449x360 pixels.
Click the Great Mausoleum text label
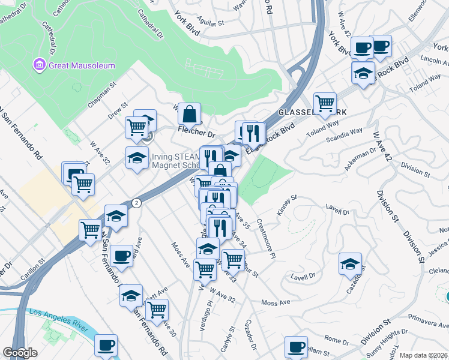point(82,65)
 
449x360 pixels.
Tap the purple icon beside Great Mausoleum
point(40,65)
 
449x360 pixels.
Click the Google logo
point(20,352)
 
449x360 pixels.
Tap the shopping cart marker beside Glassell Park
point(325,103)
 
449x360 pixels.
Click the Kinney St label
point(288,203)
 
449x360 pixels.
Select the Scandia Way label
point(345,134)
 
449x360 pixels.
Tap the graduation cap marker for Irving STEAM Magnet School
point(137,158)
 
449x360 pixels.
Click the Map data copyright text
point(424,355)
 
